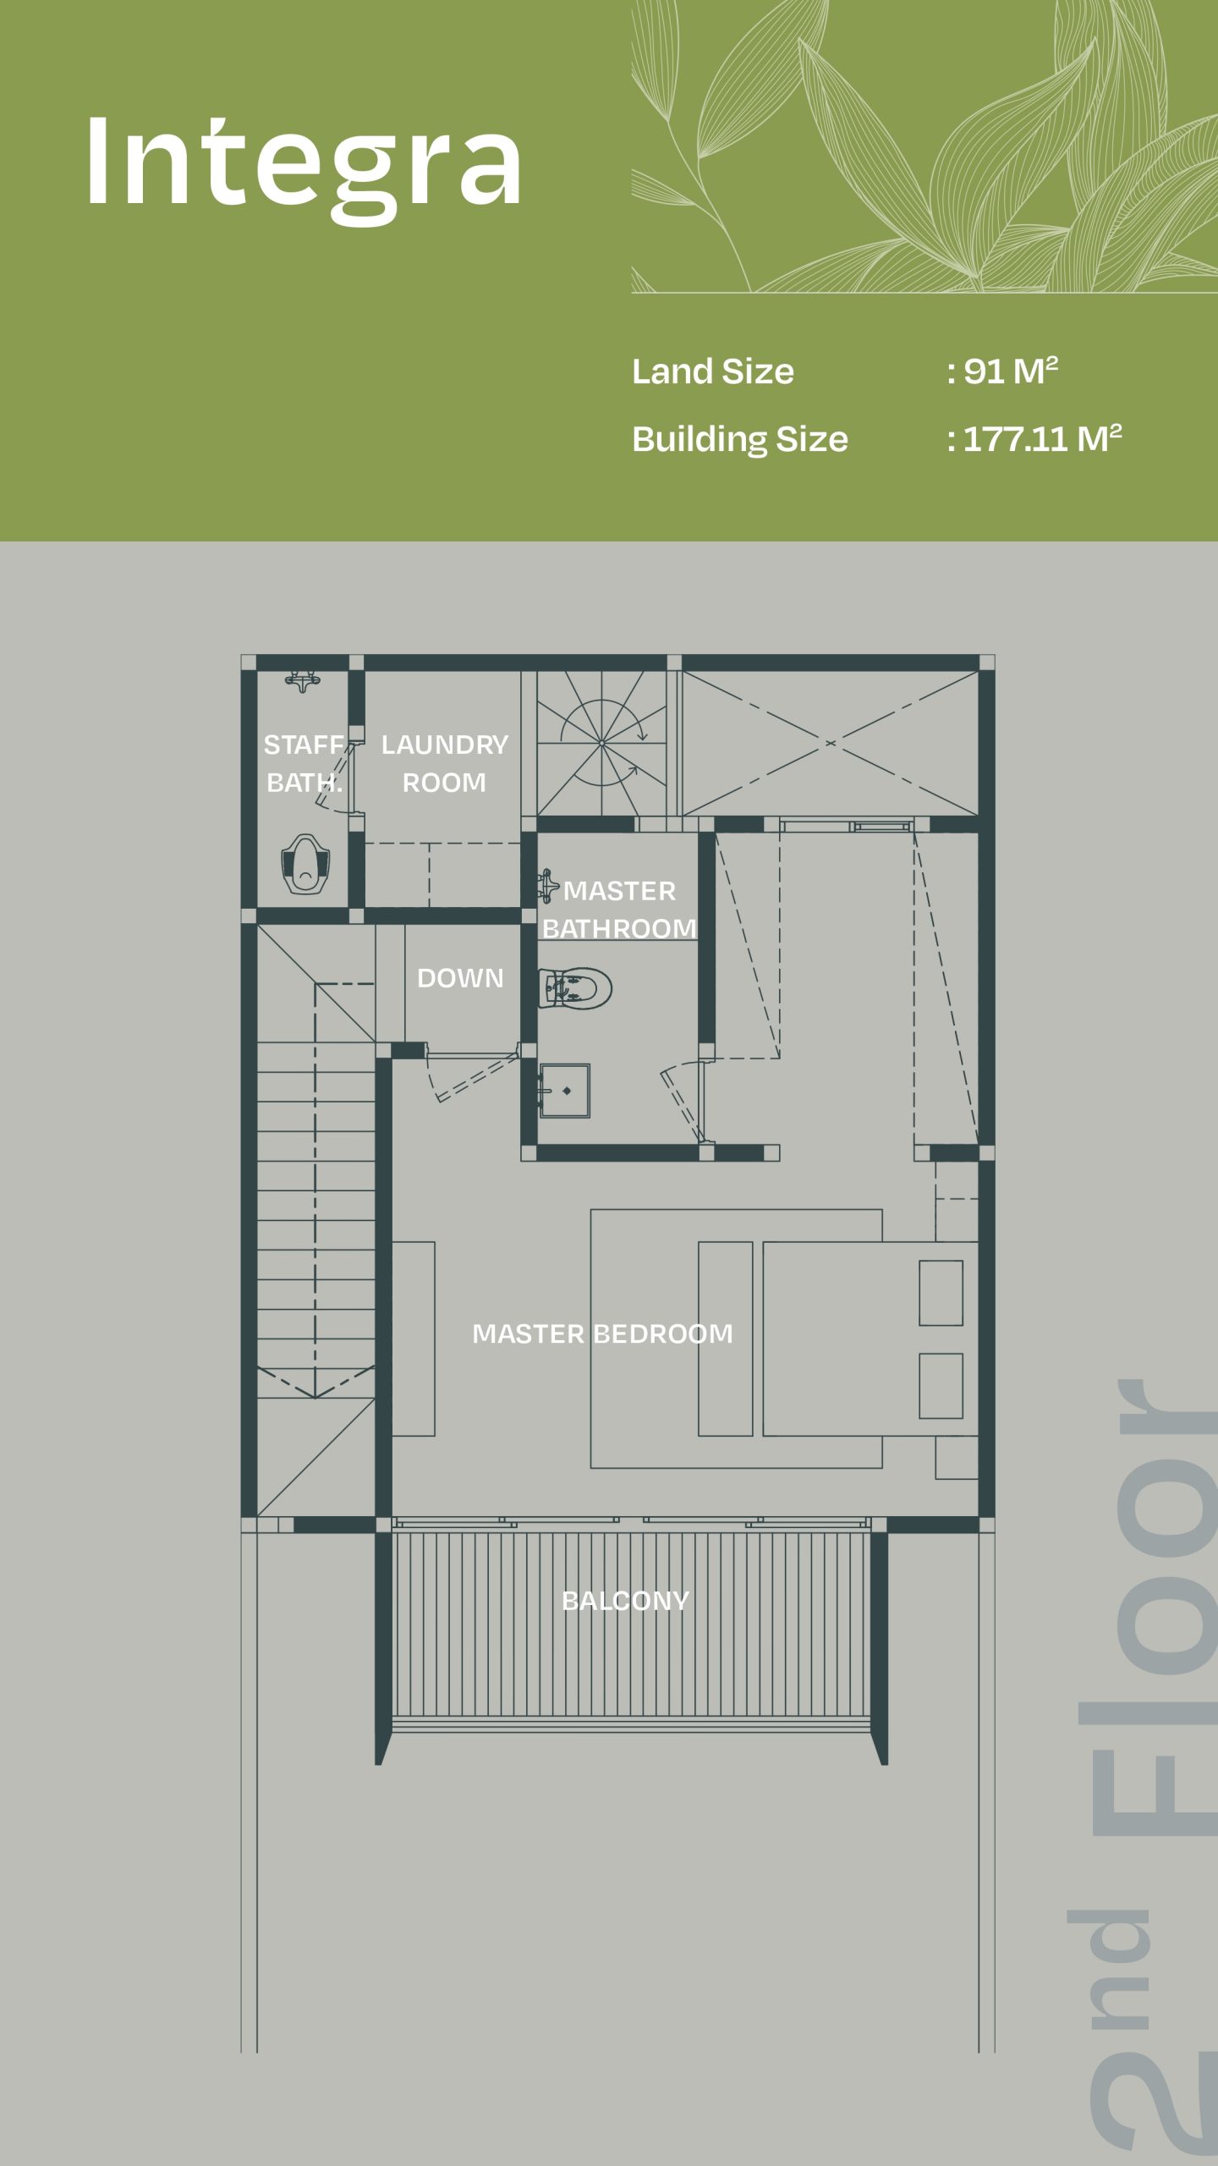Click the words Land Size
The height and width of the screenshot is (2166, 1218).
[713, 371]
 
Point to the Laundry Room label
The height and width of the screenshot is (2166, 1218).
[444, 763]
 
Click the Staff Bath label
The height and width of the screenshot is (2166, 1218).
[304, 763]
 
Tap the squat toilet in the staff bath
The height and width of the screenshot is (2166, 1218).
[304, 864]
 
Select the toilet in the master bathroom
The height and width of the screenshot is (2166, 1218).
[575, 987]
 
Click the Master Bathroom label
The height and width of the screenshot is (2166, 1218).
[619, 910]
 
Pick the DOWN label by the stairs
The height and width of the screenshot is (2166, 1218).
[460, 978]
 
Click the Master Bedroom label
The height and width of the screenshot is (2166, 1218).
[602, 1334]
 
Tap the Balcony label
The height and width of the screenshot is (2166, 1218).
[626, 1601]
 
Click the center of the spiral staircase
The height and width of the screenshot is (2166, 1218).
[601, 743]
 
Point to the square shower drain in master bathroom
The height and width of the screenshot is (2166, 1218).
[566, 1091]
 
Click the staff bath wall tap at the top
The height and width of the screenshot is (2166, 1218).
[302, 680]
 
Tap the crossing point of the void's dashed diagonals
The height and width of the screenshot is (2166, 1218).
[831, 743]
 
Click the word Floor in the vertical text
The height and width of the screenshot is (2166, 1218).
[1155, 1608]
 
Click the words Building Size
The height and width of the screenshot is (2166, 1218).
[740, 439]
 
